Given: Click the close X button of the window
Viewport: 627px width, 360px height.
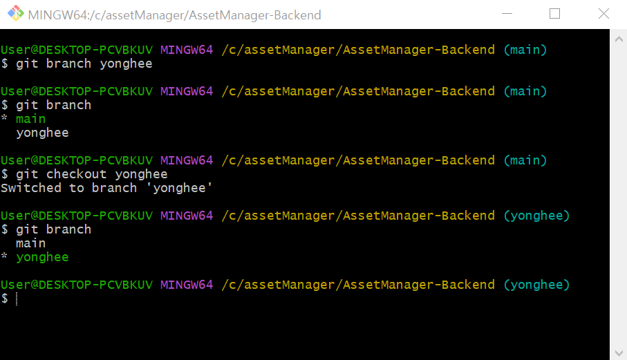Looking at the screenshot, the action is pos(604,15).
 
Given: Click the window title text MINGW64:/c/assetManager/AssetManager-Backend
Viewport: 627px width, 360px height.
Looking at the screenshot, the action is pos(174,15).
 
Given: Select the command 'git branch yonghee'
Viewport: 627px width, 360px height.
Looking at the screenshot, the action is pos(84,64).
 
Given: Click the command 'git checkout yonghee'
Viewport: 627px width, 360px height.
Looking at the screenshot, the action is pos(91,174).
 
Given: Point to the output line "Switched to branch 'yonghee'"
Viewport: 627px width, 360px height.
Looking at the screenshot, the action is pos(106,188).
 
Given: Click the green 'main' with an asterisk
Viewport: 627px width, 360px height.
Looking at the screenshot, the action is pos(30,119).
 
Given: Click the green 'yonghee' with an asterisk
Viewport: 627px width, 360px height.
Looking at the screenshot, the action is pos(42,257).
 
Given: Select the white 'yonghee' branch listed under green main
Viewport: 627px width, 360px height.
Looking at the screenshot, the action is pos(42,133).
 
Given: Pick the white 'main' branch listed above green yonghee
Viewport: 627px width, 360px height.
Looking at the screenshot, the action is pos(30,243).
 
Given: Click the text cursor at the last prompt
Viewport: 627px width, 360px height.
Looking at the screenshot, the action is pos(17,299).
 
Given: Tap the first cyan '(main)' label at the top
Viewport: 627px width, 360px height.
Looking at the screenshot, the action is pos(525,50).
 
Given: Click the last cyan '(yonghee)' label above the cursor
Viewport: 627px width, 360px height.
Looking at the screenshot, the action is pos(536,285).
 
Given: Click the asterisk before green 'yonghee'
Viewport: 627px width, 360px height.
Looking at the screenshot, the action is pos(4,258).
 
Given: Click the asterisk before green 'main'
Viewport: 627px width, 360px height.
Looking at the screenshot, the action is pos(4,120).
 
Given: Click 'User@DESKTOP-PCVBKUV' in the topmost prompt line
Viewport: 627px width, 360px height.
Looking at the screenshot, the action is pos(76,50).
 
